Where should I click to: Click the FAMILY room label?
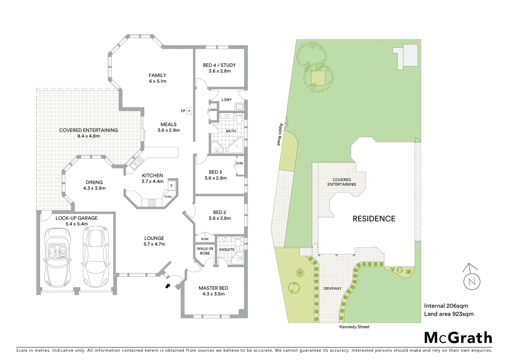click(157, 75)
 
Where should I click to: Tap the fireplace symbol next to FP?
click(189, 111)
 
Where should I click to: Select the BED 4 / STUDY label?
click(219, 65)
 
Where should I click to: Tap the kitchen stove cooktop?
click(152, 203)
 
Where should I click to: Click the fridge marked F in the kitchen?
click(172, 186)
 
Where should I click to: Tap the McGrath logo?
click(458, 338)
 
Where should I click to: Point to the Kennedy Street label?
click(354, 327)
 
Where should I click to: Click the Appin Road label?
click(280, 134)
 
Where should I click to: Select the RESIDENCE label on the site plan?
click(374, 219)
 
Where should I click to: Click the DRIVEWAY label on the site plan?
click(332, 289)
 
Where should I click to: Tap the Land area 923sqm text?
click(448, 314)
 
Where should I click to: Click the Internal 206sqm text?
click(446, 306)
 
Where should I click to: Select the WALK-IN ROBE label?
click(205, 251)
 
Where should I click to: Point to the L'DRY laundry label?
click(227, 100)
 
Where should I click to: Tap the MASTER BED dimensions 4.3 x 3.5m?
click(213, 294)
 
